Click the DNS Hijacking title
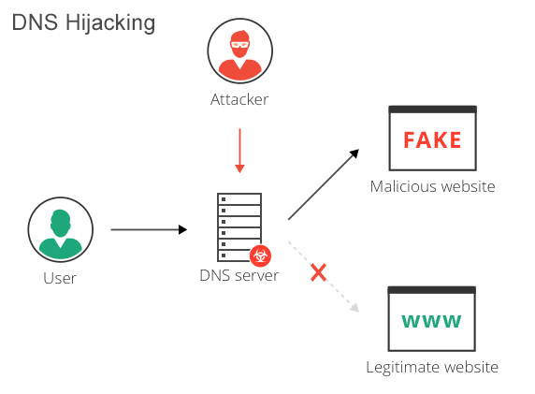click(83, 22)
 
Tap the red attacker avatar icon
click(239, 52)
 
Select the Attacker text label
click(239, 99)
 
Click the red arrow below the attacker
click(239, 150)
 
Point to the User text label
click(60, 278)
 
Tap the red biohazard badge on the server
click(260, 254)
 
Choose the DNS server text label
click(239, 275)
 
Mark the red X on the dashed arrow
click(318, 272)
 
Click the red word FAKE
click(432, 140)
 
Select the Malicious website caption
click(432, 186)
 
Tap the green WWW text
click(432, 321)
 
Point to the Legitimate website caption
click(432, 367)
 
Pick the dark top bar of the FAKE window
click(432, 110)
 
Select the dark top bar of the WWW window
click(432, 291)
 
